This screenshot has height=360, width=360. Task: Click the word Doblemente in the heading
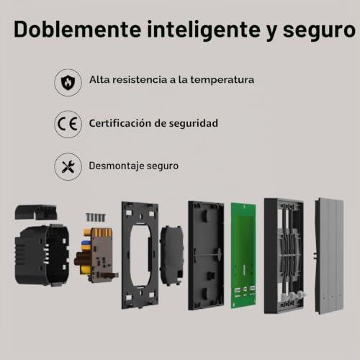[x=77, y=30]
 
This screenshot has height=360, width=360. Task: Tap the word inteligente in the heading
[x=204, y=30]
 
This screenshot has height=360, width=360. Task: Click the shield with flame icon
[x=68, y=83]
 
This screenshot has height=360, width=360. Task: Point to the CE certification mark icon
[x=68, y=124]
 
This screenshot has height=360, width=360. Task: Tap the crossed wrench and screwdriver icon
[x=68, y=166]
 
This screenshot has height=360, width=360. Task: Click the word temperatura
[x=222, y=80]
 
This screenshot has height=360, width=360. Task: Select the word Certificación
[x=120, y=123]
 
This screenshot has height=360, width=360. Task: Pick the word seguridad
[x=194, y=124]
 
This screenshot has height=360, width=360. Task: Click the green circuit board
[x=243, y=256]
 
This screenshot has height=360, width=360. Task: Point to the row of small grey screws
[x=96, y=217]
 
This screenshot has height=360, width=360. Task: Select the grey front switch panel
[x=329, y=256]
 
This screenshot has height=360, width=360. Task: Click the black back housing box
[x=42, y=255]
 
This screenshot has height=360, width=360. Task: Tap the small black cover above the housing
[x=36, y=212]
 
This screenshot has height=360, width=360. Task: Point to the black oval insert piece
[x=172, y=256]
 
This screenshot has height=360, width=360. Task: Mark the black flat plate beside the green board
[x=206, y=256]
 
